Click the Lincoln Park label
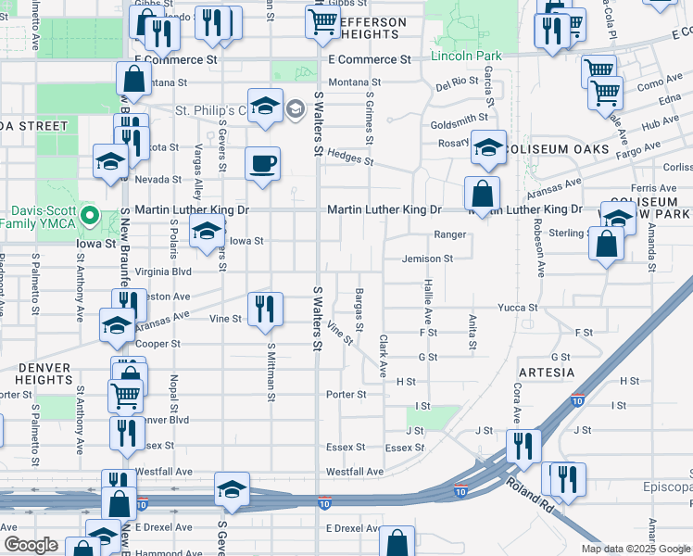click(x=466, y=57)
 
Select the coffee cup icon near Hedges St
click(x=263, y=165)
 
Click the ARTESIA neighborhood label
click(x=547, y=373)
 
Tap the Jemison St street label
click(x=427, y=259)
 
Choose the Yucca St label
click(x=518, y=307)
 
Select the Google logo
click(x=31, y=545)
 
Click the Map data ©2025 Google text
click(x=635, y=549)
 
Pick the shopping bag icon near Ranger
click(x=483, y=195)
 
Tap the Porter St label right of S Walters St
click(x=346, y=394)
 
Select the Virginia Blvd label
click(x=163, y=272)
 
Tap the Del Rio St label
click(x=456, y=85)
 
